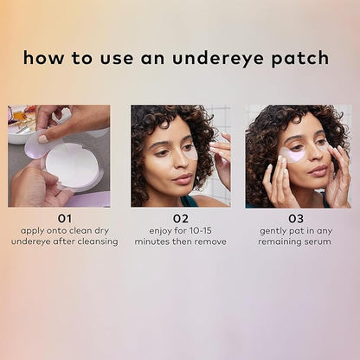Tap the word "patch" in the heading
click(x=299, y=59)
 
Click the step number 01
click(x=59, y=219)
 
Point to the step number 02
click(x=180, y=219)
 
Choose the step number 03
click(x=296, y=219)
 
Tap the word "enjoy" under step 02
click(x=161, y=231)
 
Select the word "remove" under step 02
click(x=209, y=241)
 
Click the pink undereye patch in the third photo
click(x=293, y=156)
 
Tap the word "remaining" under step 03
click(x=282, y=241)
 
